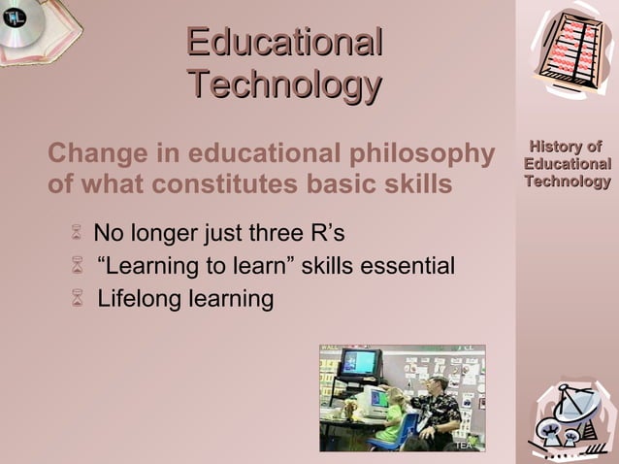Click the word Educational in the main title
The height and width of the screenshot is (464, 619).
pos(284,43)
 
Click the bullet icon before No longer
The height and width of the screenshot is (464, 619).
pos(78,234)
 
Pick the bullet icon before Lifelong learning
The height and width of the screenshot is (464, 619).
pos(78,299)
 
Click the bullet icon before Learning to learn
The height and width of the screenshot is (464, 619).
pos(78,266)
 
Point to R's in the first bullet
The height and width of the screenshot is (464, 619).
pos(327,234)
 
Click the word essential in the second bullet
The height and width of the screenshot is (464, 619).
pos(408,266)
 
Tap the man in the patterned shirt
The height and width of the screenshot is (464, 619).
pos(436,408)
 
